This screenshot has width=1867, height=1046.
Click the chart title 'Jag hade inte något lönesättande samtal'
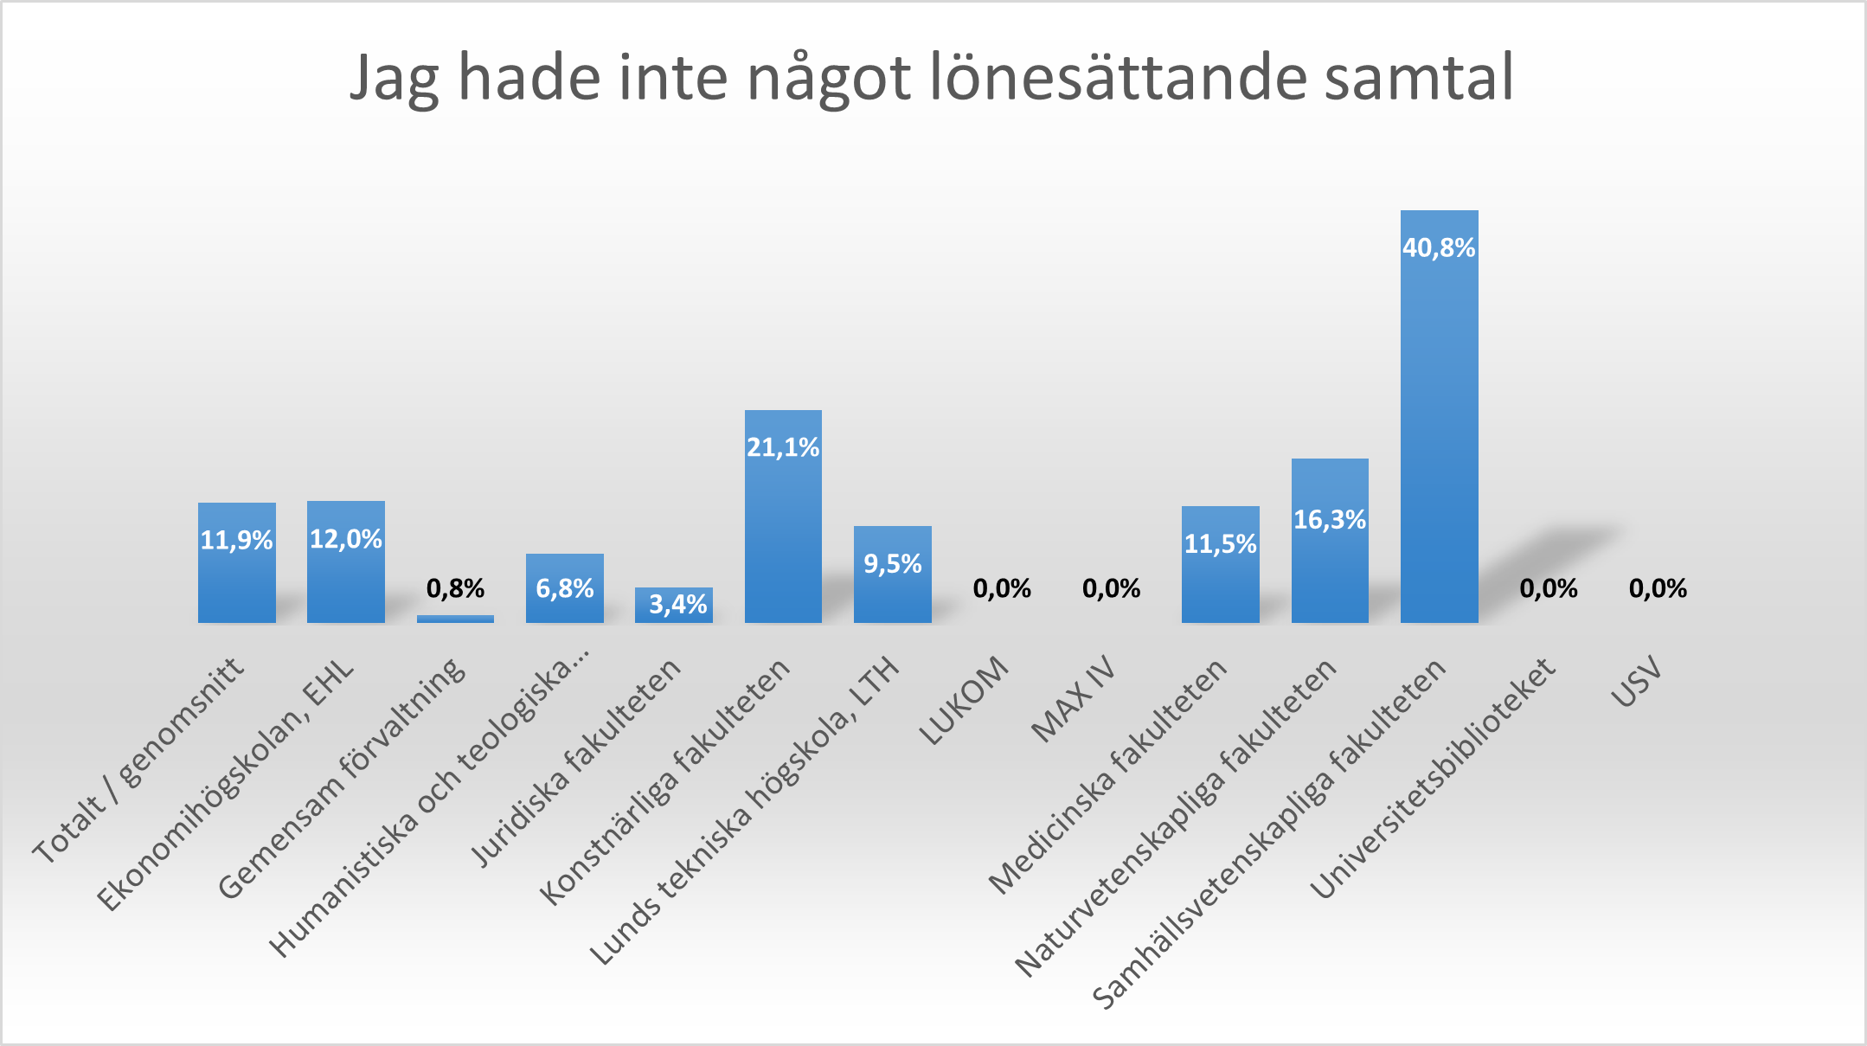tap(932, 78)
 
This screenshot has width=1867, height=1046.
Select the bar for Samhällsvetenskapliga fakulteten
tap(1439, 433)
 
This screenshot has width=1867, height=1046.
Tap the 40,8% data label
tap(1439, 248)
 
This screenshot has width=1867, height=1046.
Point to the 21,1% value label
tap(783, 447)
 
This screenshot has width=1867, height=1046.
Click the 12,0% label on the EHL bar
tap(346, 540)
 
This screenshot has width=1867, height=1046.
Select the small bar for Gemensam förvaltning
tap(455, 619)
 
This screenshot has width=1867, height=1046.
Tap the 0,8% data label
tap(455, 589)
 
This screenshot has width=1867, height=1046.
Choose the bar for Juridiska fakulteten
tap(674, 606)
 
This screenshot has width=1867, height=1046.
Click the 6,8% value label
tap(565, 589)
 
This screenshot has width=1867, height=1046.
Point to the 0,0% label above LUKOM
tap(1002, 589)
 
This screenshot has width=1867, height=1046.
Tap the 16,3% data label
tap(1330, 520)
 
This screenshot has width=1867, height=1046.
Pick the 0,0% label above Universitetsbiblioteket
tap(1549, 589)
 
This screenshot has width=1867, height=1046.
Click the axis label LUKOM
tap(964, 702)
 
